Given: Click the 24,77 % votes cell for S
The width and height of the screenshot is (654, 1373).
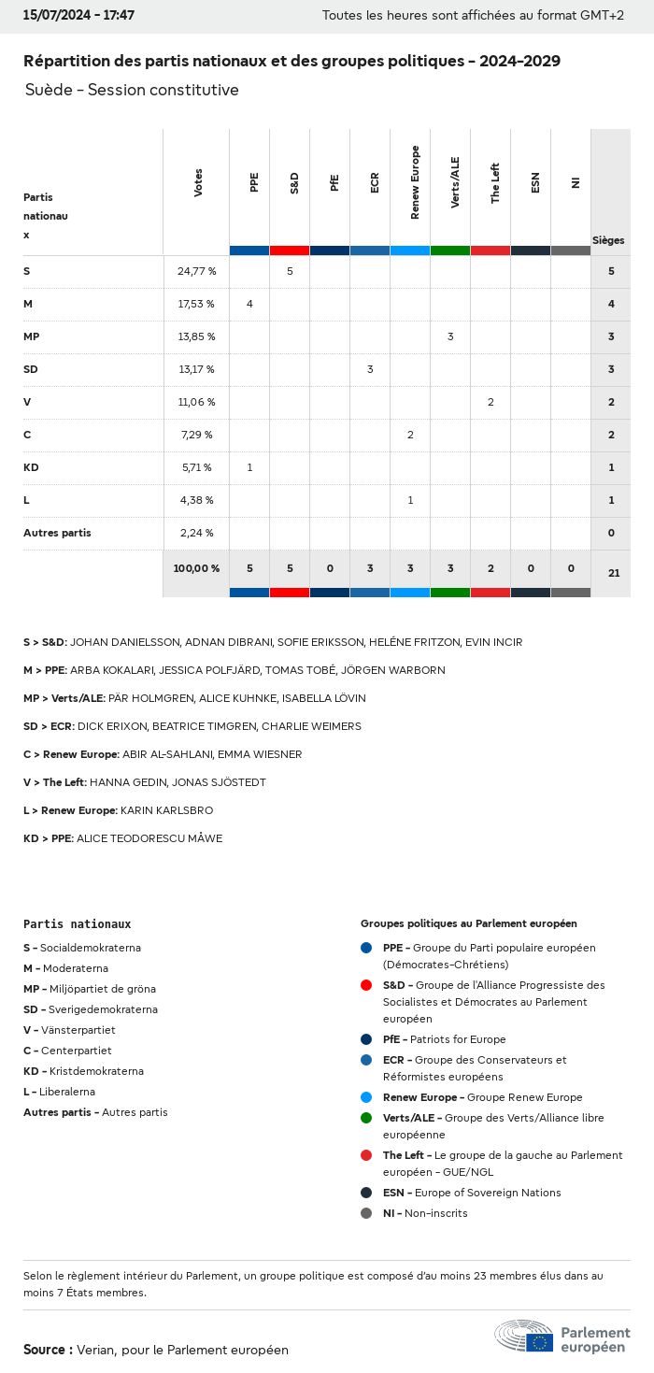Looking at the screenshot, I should click(196, 271).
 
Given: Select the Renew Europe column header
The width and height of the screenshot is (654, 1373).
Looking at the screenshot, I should click(415, 182).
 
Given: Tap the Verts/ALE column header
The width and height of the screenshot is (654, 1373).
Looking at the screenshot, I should click(455, 182).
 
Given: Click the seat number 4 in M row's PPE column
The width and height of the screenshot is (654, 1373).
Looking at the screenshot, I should click(249, 304).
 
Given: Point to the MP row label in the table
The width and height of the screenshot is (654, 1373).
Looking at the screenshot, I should click(32, 336).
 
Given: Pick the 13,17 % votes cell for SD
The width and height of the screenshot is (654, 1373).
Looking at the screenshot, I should click(196, 369).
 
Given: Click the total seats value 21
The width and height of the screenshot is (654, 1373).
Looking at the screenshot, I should click(614, 573).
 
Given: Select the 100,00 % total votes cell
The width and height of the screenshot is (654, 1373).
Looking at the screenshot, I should click(196, 568).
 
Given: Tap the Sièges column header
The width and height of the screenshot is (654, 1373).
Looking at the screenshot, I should click(608, 240).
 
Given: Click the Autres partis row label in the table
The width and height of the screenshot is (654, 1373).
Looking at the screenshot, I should click(57, 533).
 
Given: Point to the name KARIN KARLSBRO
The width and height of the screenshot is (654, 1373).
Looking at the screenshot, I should click(166, 810).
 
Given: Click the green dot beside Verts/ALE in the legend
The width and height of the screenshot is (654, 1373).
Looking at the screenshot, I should click(366, 1118).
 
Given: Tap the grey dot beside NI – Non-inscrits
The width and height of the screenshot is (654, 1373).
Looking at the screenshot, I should click(366, 1213).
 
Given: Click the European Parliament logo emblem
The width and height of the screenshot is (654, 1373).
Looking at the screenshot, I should click(524, 1337).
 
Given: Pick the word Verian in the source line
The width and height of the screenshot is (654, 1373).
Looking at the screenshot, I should click(94, 1350).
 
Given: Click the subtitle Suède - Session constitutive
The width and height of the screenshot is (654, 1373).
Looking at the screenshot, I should click(132, 90).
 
